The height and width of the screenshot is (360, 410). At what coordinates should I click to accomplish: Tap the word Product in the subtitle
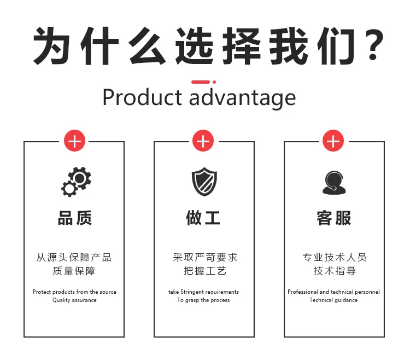click(142, 97)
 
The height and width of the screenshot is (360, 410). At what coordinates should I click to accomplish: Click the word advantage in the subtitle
click(242, 98)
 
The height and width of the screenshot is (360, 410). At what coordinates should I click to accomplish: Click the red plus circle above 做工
click(203, 142)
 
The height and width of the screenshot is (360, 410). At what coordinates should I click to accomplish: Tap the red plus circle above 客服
click(333, 142)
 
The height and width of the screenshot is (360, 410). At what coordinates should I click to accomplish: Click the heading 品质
click(74, 218)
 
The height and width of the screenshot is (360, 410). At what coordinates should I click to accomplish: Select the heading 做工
click(203, 218)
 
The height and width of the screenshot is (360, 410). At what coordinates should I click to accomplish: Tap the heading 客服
click(333, 218)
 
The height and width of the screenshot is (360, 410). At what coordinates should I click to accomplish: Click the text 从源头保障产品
click(74, 257)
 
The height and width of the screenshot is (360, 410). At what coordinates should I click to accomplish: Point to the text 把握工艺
click(204, 271)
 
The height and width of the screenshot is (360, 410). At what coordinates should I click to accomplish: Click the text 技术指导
click(333, 271)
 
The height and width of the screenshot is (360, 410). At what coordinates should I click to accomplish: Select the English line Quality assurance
click(74, 300)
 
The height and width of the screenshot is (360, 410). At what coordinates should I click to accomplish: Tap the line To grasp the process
click(203, 300)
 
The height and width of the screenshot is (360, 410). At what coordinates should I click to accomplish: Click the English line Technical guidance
click(333, 300)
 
